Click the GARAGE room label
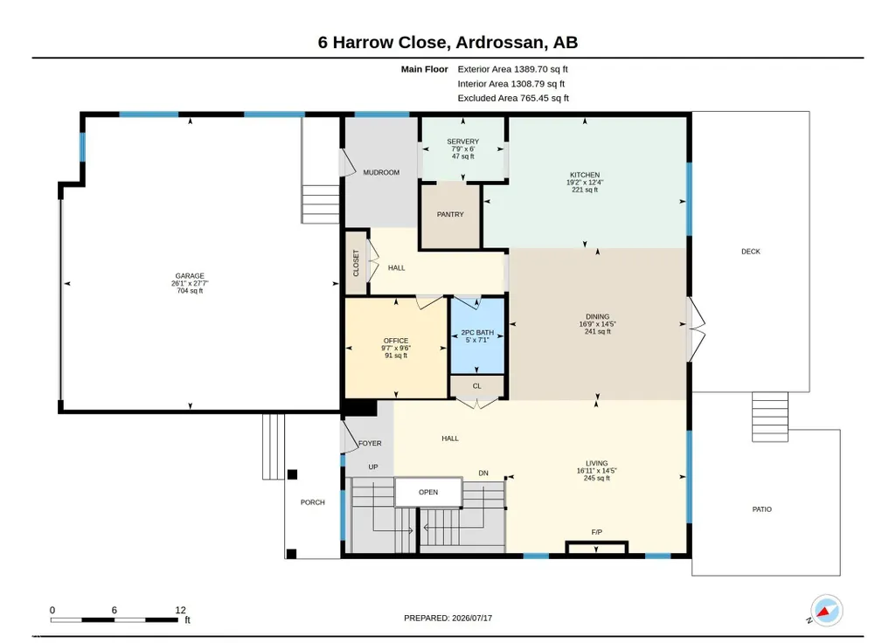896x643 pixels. tap(190, 276)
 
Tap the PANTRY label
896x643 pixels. tap(450, 214)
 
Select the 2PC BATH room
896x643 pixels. tap(477, 335)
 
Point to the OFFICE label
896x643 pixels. tap(396, 341)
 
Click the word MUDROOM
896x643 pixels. tap(381, 172)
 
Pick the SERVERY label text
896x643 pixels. tap(462, 141)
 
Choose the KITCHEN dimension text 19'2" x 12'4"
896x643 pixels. tap(585, 183)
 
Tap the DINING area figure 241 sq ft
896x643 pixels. tap(598, 331)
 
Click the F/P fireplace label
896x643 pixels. tap(596, 532)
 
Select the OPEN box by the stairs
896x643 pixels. tap(428, 492)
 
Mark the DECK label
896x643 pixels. tap(751, 252)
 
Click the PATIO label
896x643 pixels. tap(761, 508)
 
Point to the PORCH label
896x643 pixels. tap(313, 502)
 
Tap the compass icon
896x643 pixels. tap(826, 611)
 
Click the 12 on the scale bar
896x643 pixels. tap(181, 610)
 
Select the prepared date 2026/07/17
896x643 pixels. tap(472, 618)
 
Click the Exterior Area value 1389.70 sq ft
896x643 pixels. tap(540, 69)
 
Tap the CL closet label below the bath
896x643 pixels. tap(477, 386)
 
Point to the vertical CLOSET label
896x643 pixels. tap(356, 263)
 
